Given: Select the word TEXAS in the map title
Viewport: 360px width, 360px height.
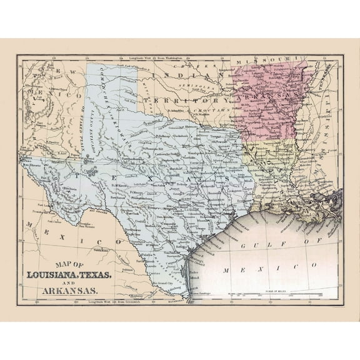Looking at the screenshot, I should tap(132, 275).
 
